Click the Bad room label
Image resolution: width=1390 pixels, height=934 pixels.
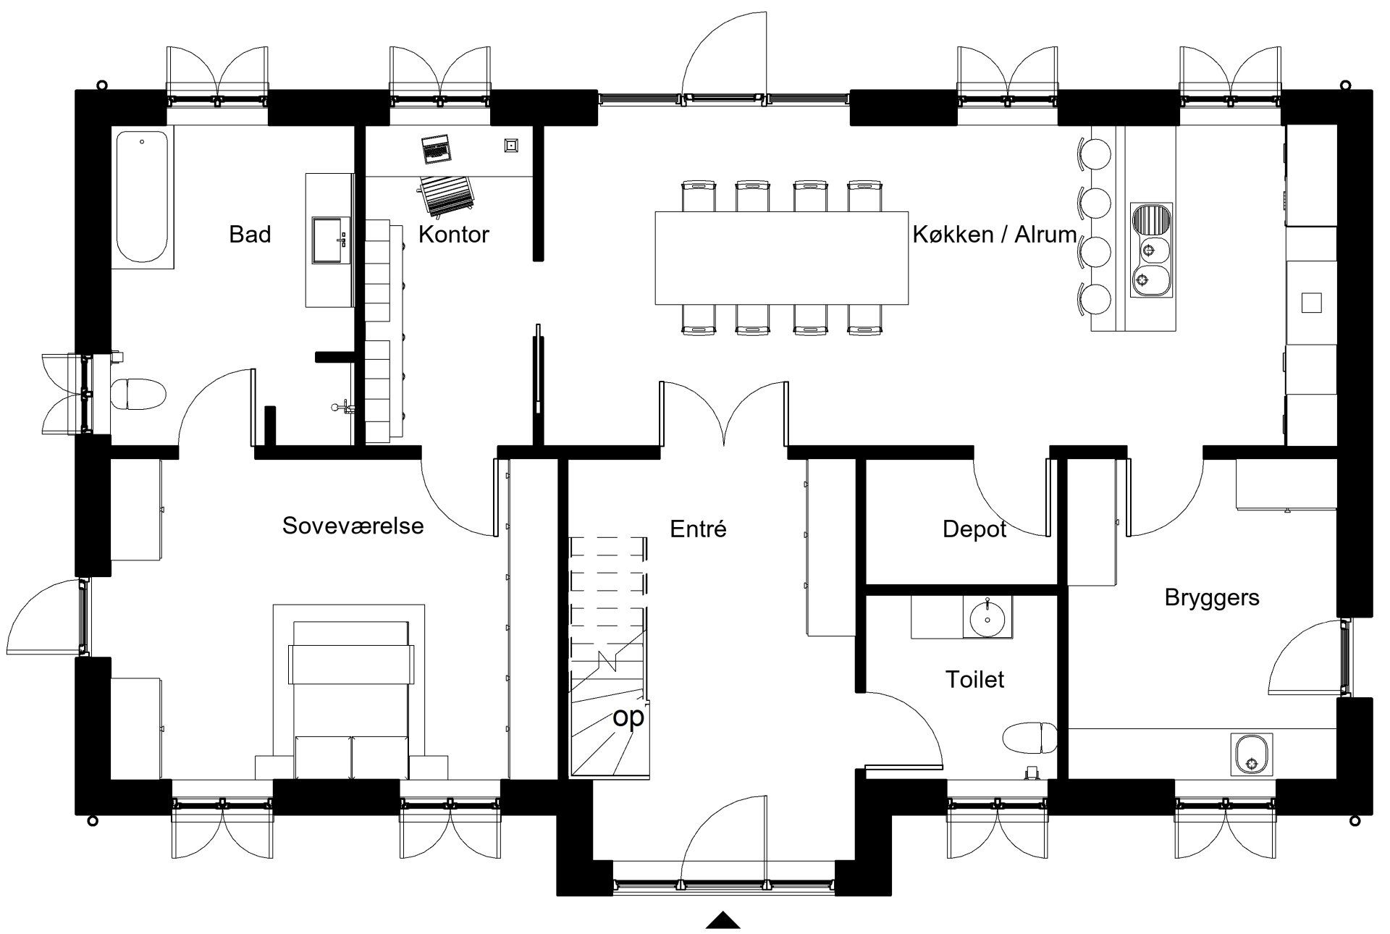click(250, 234)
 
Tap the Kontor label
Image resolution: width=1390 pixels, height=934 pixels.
click(454, 234)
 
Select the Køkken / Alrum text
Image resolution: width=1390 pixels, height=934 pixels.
click(995, 234)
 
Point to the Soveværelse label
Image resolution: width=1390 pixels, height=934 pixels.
click(353, 526)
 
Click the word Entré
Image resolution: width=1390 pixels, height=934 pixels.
click(698, 529)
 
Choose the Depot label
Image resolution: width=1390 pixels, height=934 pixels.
click(974, 529)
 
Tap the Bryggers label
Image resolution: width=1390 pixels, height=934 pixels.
click(1212, 598)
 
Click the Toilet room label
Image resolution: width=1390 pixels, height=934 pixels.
click(975, 679)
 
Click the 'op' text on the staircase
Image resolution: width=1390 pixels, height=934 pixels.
click(628, 718)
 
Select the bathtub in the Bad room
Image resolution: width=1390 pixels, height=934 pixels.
click(142, 197)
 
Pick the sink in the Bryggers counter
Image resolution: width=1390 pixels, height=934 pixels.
click(1251, 754)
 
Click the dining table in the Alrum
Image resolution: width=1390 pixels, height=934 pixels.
click(782, 258)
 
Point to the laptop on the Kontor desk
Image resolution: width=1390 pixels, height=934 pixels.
click(437, 149)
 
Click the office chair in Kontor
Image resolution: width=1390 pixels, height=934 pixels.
click(447, 196)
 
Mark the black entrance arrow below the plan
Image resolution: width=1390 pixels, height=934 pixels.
click(723, 921)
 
